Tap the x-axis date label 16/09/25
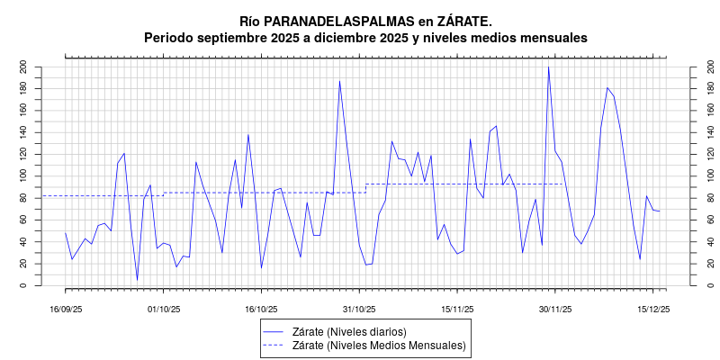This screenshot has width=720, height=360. coord(66,309)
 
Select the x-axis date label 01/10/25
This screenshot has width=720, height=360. coord(164,309)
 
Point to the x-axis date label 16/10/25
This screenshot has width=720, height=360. coord(261,309)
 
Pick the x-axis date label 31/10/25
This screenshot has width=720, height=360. coord(359,309)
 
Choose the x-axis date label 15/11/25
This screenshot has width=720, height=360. coord(457,309)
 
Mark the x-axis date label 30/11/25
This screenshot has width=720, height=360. coord(555,309)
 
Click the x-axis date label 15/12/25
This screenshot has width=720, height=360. coord(652,309)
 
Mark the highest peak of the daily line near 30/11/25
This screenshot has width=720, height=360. coord(548,67)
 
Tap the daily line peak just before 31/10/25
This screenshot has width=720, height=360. coord(339,81)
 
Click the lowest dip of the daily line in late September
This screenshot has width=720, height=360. coord(137,280)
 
